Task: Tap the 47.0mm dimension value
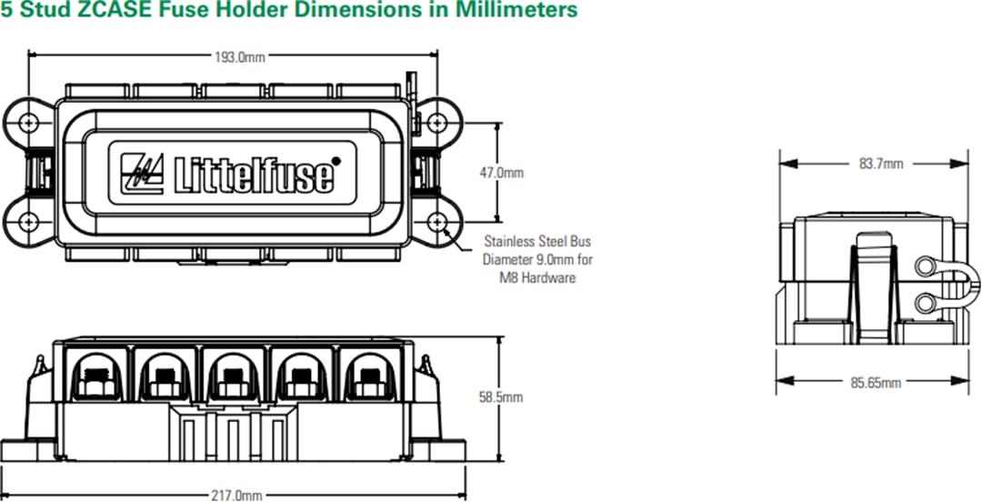(502, 172)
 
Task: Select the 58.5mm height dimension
(501, 397)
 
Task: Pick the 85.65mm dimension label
(876, 383)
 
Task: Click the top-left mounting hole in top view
(32, 122)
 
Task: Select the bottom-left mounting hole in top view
(32, 222)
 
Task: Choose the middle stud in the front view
(233, 376)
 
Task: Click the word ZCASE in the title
(119, 11)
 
